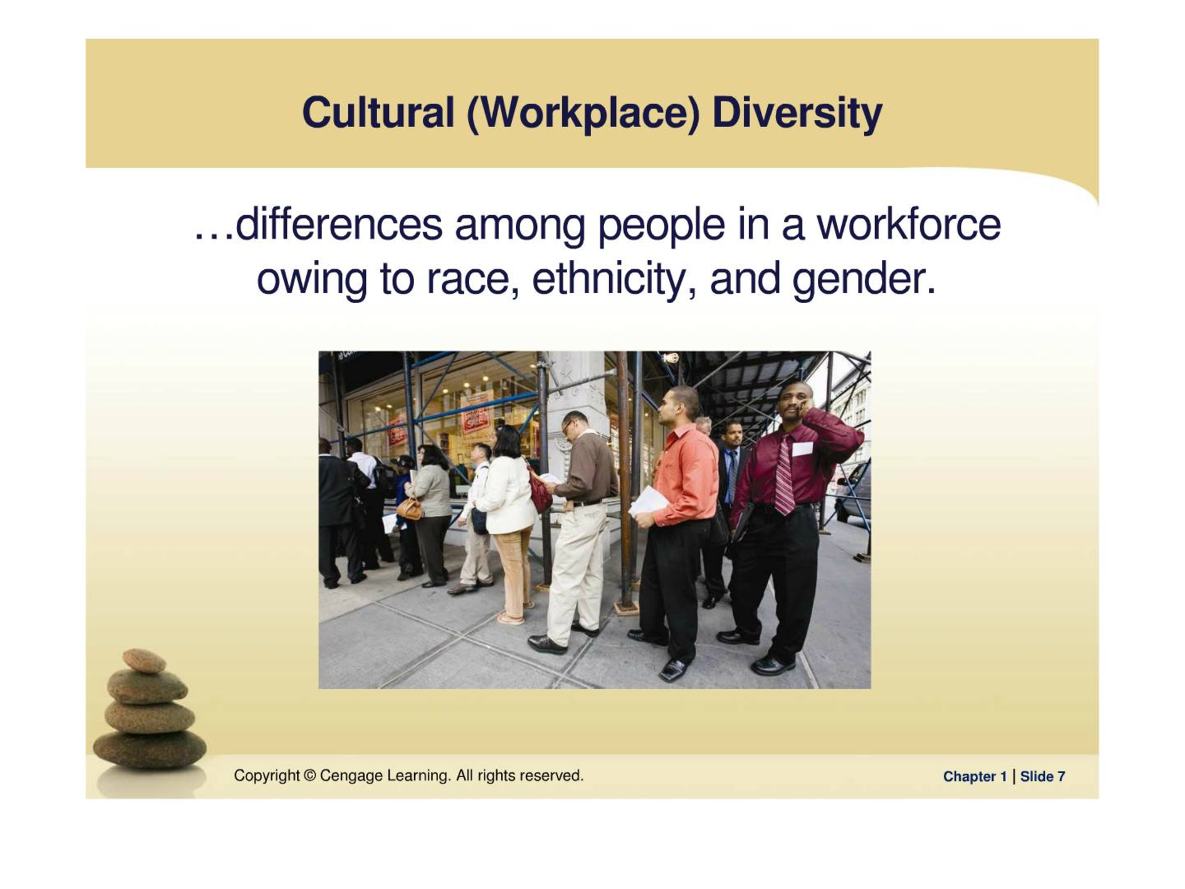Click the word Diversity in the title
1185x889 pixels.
pyautogui.click(x=797, y=114)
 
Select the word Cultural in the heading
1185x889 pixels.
pyautogui.click(x=378, y=113)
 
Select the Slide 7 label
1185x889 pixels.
pyautogui.click(x=1042, y=777)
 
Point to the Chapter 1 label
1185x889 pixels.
pyautogui.click(x=975, y=777)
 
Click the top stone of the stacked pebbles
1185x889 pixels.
pyautogui.click(x=144, y=661)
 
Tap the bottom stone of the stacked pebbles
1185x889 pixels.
pyautogui.click(x=150, y=749)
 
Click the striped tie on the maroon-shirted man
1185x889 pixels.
pyautogui.click(x=784, y=474)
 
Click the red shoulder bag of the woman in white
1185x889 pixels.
pyautogui.click(x=539, y=490)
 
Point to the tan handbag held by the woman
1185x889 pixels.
pyautogui.click(x=409, y=508)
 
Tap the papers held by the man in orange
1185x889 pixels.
pyautogui.click(x=646, y=501)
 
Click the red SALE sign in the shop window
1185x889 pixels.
pyautogui.click(x=475, y=417)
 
